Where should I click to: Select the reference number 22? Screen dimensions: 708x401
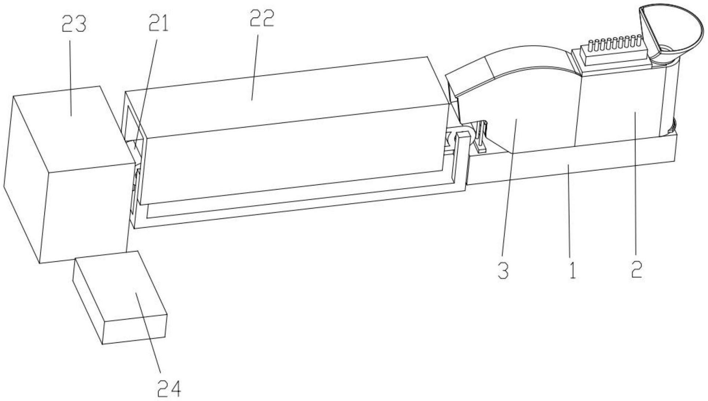coord(261,19)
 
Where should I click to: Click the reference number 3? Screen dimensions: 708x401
coord(503,272)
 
